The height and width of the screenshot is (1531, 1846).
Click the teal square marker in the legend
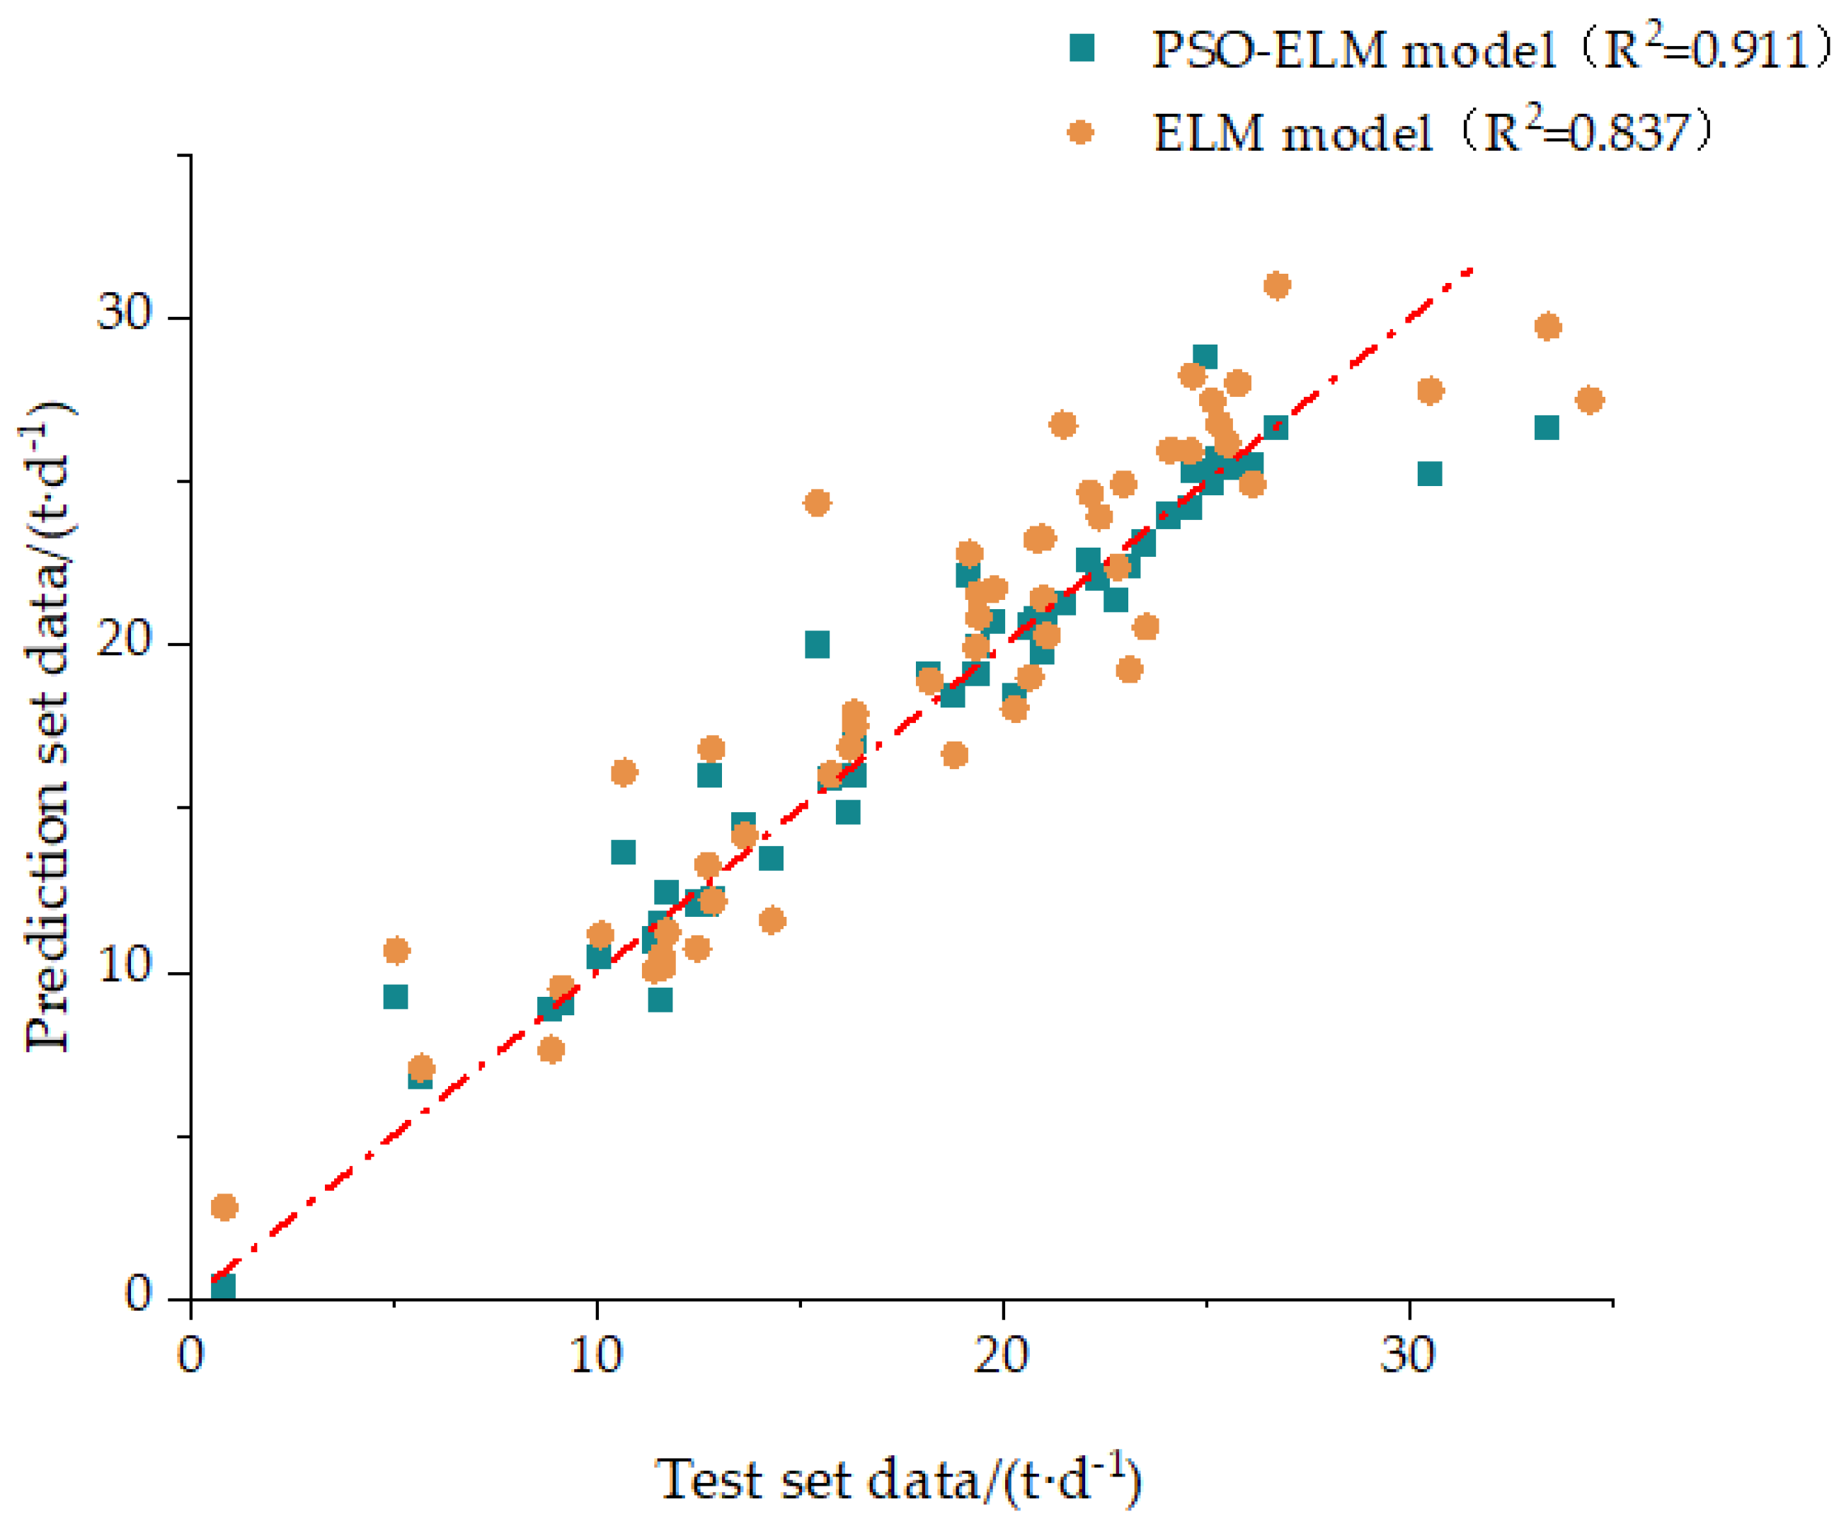point(1082,48)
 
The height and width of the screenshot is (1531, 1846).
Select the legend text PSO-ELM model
point(1354,50)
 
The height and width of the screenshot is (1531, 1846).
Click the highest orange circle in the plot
point(1276,286)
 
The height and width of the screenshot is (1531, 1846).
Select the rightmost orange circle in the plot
point(1589,400)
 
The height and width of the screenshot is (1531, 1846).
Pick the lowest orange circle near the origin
point(224,1207)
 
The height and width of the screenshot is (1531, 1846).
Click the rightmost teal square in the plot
point(1547,428)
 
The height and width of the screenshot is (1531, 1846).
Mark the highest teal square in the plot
point(1205,357)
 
